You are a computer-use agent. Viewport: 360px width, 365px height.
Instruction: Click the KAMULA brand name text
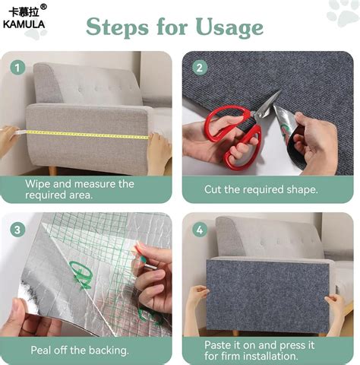(24, 24)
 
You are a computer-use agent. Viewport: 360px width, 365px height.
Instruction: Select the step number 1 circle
(16, 67)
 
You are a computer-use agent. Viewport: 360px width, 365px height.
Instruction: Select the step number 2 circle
(201, 67)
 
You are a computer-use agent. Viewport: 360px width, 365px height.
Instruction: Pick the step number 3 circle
(16, 229)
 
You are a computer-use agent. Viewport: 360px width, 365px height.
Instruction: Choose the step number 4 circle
(201, 229)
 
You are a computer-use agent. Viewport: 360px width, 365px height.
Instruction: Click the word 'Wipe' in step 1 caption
(38, 183)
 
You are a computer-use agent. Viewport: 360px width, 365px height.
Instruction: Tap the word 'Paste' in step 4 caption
(219, 344)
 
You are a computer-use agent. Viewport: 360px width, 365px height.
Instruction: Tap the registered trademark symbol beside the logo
(43, 7)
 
